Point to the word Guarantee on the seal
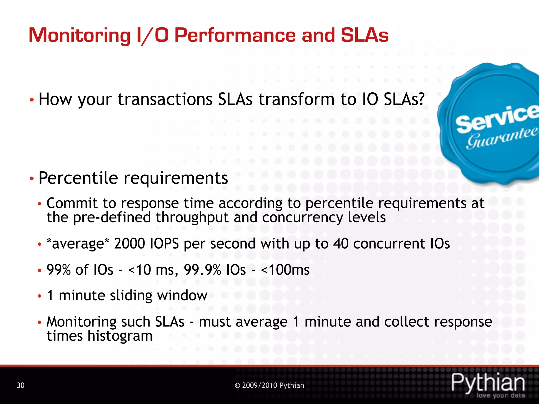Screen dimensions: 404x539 point(501,138)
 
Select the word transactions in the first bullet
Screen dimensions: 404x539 point(165,99)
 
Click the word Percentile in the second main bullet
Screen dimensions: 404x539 point(78,178)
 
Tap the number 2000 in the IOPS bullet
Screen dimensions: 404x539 point(129,243)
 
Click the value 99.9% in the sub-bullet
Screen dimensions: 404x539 point(202,270)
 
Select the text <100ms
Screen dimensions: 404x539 point(285,270)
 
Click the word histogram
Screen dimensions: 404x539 point(120,336)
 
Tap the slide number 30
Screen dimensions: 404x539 point(21,385)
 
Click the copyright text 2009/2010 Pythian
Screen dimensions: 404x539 point(269,385)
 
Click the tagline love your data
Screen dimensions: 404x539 point(500,395)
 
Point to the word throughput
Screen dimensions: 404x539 point(192,218)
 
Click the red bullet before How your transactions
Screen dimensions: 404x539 point(32,100)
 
